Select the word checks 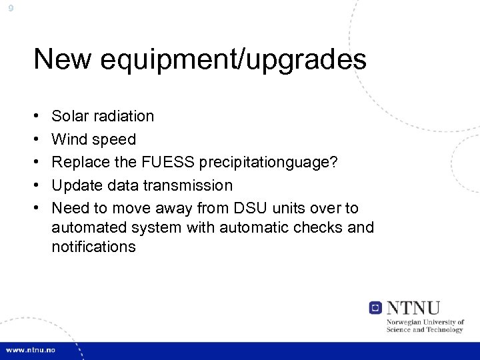(317, 228)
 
